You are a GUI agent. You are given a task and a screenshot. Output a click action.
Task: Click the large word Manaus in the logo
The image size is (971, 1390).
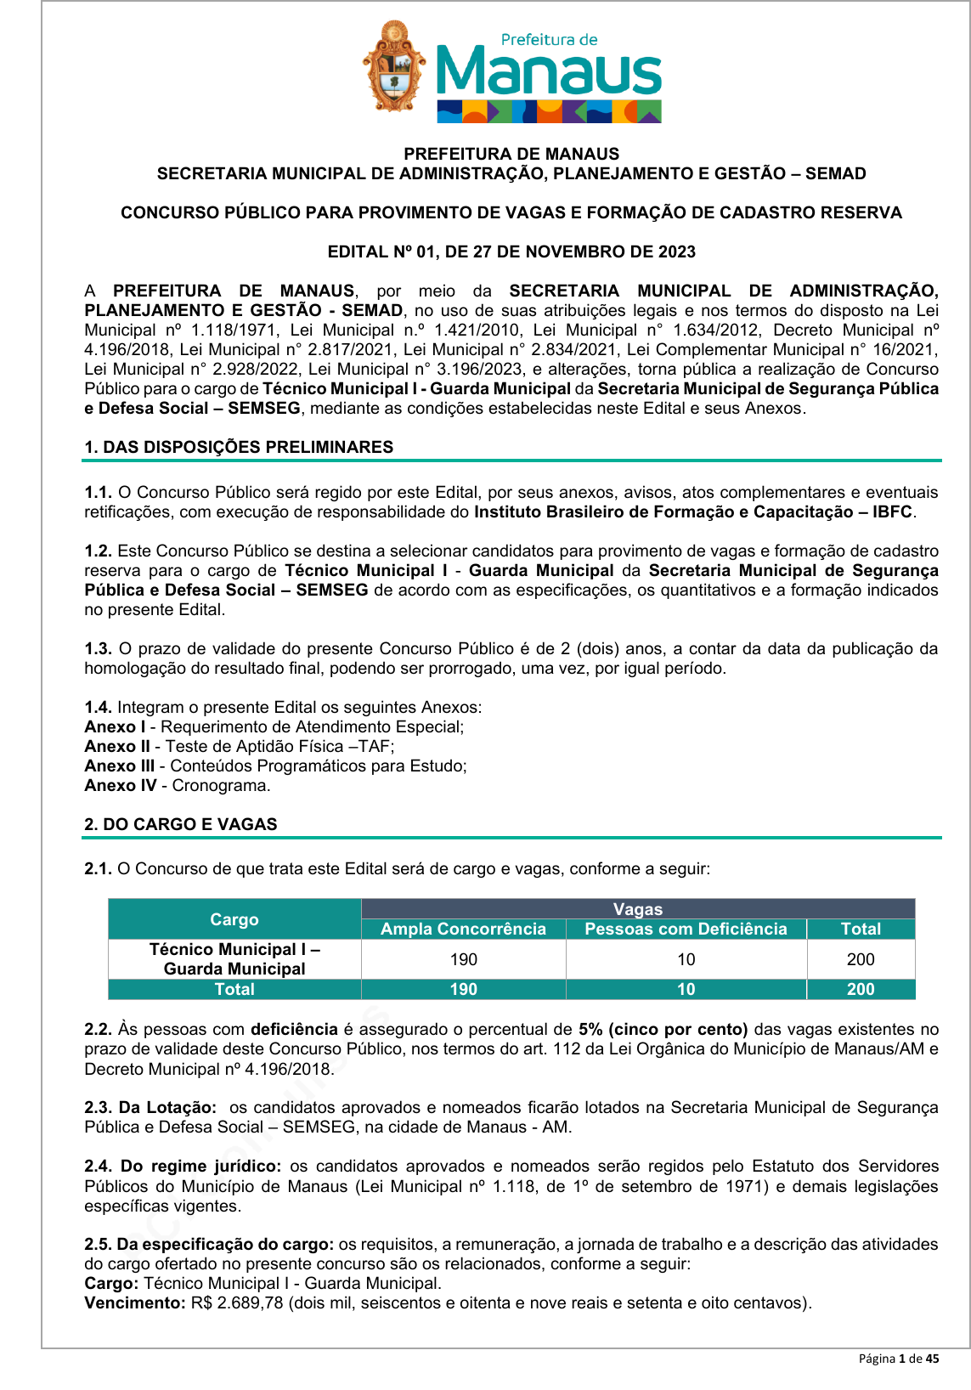point(548,73)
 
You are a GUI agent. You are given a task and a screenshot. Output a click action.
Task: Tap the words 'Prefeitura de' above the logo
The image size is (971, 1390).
point(549,39)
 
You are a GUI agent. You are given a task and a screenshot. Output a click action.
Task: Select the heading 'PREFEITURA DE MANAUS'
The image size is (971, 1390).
point(511,154)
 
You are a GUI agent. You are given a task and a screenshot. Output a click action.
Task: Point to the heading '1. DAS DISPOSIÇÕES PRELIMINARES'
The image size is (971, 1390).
point(239,447)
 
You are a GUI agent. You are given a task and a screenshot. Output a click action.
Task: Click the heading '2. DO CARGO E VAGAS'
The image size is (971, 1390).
point(181,824)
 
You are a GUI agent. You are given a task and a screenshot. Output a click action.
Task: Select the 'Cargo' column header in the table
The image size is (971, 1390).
point(234,919)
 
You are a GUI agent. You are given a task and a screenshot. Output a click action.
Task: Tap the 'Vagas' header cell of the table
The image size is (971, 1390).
point(637,909)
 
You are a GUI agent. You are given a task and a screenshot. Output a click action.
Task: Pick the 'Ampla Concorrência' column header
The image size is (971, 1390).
point(463,929)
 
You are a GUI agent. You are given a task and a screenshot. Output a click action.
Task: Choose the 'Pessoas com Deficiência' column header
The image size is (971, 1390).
point(686,929)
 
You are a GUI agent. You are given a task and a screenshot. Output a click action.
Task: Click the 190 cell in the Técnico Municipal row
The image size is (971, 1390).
point(463,959)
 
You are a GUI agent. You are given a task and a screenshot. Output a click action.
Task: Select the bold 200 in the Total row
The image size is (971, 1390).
point(860,989)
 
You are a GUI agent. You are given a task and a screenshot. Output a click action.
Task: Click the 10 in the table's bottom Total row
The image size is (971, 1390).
point(686,989)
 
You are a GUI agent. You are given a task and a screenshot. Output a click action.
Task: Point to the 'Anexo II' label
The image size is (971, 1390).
point(117,746)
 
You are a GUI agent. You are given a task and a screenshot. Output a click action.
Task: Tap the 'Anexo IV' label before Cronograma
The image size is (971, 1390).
point(121,785)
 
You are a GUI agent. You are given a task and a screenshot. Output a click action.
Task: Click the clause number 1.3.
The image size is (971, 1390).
point(98,648)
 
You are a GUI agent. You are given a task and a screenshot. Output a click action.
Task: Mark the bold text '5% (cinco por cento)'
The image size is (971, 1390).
point(663,1029)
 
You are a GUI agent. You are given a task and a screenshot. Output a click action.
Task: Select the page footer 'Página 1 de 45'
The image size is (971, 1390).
point(898,1359)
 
